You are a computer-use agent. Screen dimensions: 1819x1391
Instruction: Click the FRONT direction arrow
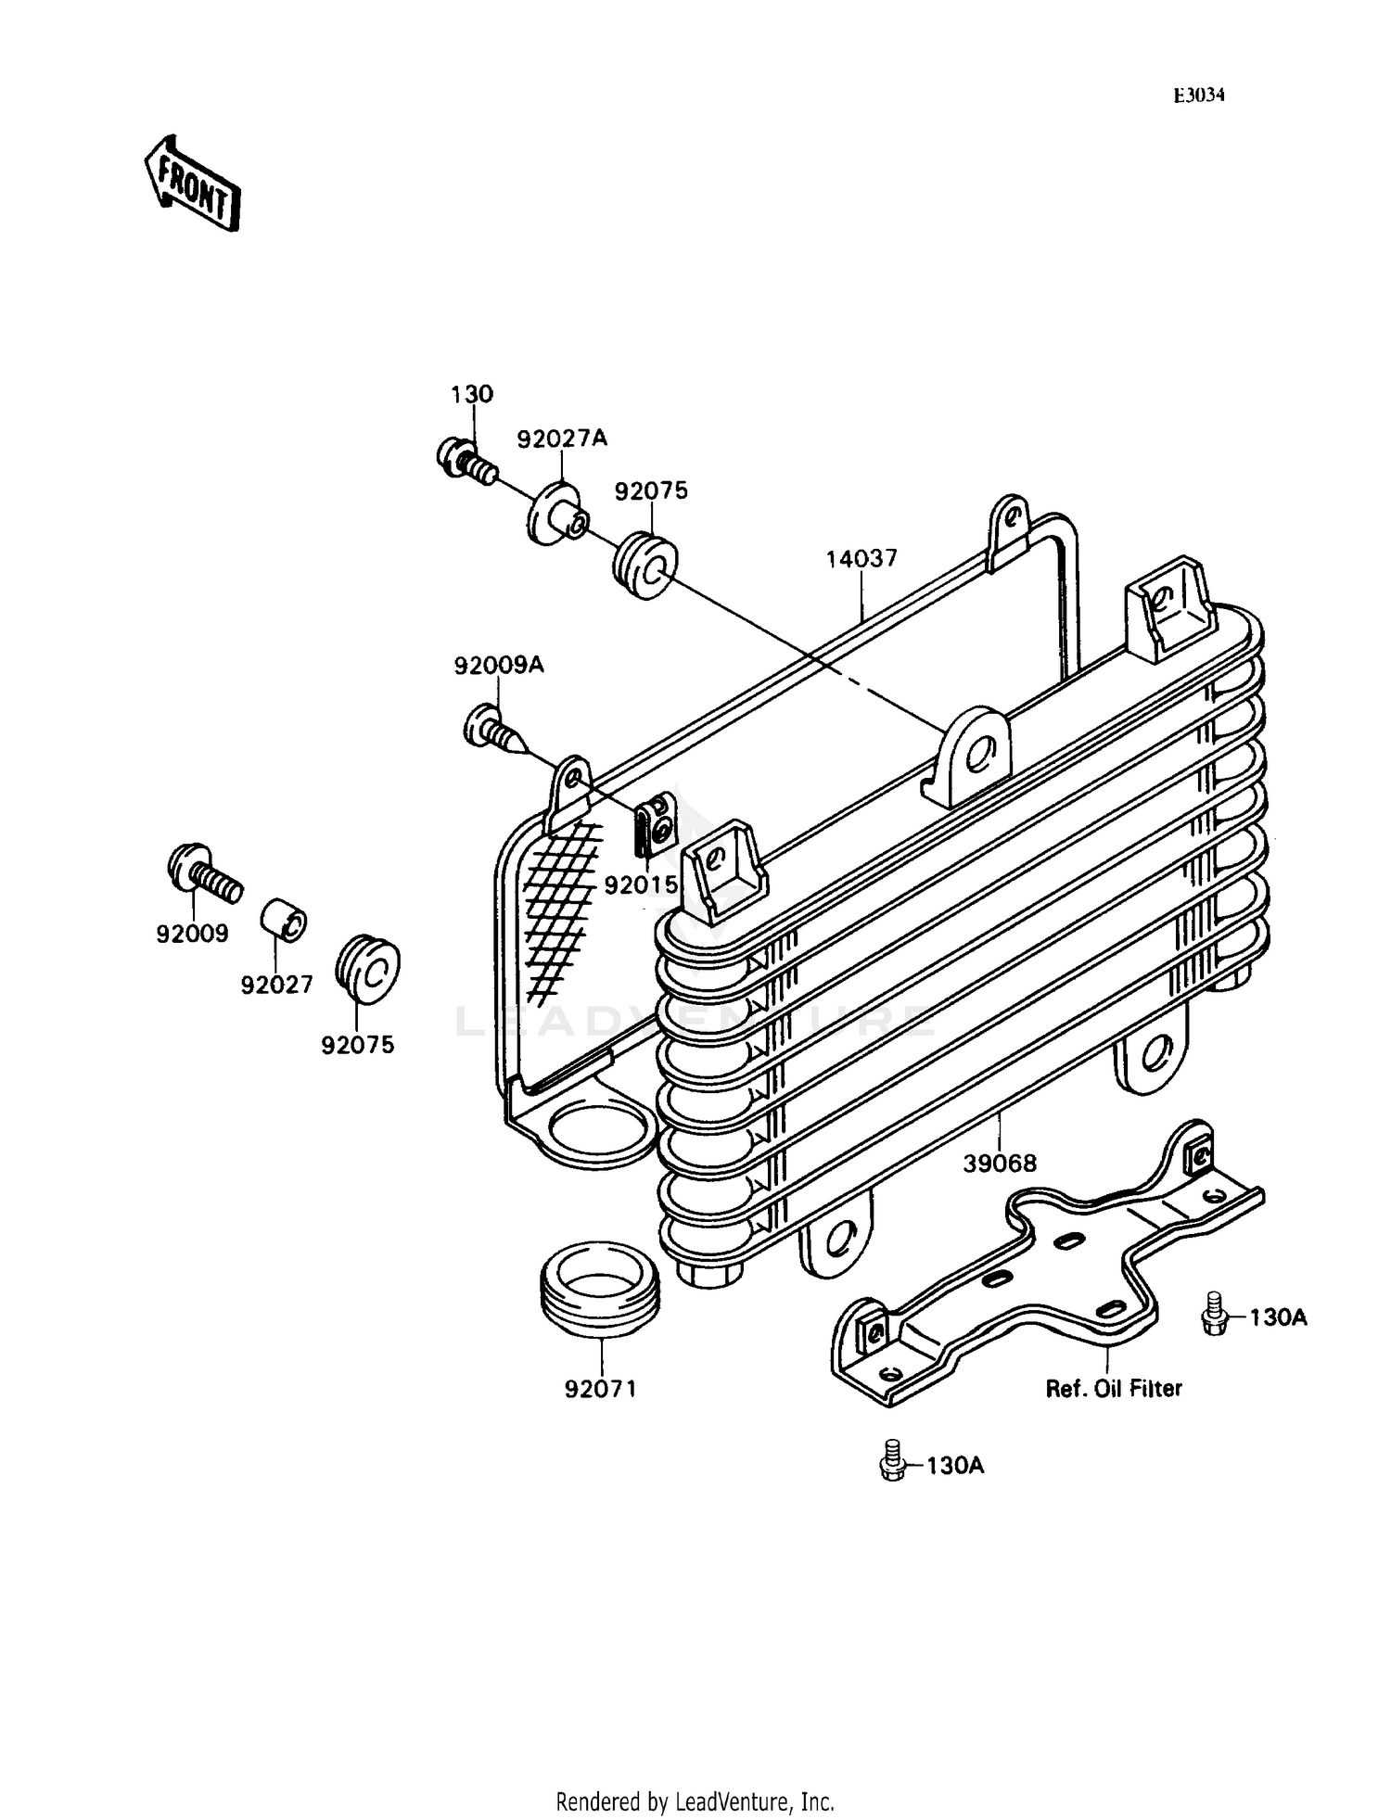coord(193,183)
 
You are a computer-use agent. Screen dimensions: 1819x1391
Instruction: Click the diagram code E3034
coord(1199,95)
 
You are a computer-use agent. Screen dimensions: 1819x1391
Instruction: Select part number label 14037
coord(861,559)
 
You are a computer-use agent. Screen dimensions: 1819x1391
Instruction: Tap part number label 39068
coord(999,1163)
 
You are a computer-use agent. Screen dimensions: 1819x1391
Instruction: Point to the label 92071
coord(600,1389)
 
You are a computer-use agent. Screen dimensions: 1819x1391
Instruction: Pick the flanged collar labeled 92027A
coord(555,514)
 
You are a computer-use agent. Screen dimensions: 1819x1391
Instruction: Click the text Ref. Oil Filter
coord(1113,1388)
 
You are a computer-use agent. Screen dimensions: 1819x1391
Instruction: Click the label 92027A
coord(562,439)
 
